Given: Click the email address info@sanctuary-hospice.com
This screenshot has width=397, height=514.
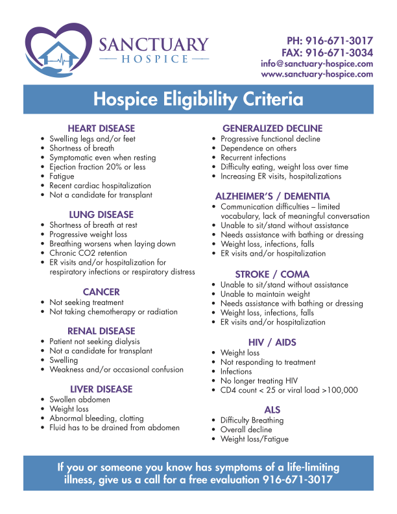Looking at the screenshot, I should point(317,64).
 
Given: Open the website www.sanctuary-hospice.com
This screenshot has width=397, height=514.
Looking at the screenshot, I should point(317,74).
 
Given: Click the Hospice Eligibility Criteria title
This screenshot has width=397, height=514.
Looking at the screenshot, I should point(198,100).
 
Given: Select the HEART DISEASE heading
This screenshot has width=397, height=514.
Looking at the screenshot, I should point(101,128).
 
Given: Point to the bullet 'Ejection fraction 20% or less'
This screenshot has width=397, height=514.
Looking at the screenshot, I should point(97,167).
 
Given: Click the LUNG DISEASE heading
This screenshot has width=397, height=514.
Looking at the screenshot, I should point(101,214).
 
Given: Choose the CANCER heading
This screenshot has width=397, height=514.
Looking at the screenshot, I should point(101,292).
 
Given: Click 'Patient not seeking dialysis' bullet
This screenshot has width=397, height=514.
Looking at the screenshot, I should point(95,341).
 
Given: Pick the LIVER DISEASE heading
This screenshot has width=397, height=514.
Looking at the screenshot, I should point(101,389).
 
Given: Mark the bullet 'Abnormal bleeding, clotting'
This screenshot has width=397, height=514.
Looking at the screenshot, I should point(97,419).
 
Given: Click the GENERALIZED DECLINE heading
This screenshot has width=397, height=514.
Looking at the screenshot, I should point(272,128).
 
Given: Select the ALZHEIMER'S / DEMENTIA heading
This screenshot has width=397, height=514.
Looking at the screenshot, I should point(272,196).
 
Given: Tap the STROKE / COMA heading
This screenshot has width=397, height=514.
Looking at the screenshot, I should point(272,275).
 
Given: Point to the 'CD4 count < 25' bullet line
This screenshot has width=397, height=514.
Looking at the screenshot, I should point(289,391).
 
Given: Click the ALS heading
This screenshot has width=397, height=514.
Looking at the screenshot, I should point(272,410).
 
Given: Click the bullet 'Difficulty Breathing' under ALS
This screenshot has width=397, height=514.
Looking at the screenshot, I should point(252,421).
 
